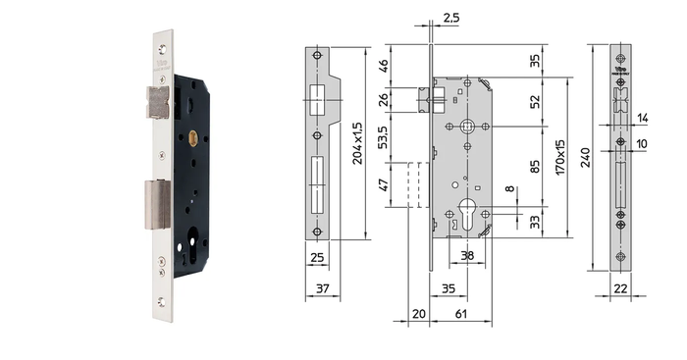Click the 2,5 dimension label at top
450,18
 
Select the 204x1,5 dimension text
357,143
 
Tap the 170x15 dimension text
560,158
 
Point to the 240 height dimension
585,158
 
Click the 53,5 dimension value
383,137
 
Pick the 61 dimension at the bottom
461,314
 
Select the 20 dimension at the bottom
418,314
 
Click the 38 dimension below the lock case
467,256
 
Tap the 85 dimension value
535,167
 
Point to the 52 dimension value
535,102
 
